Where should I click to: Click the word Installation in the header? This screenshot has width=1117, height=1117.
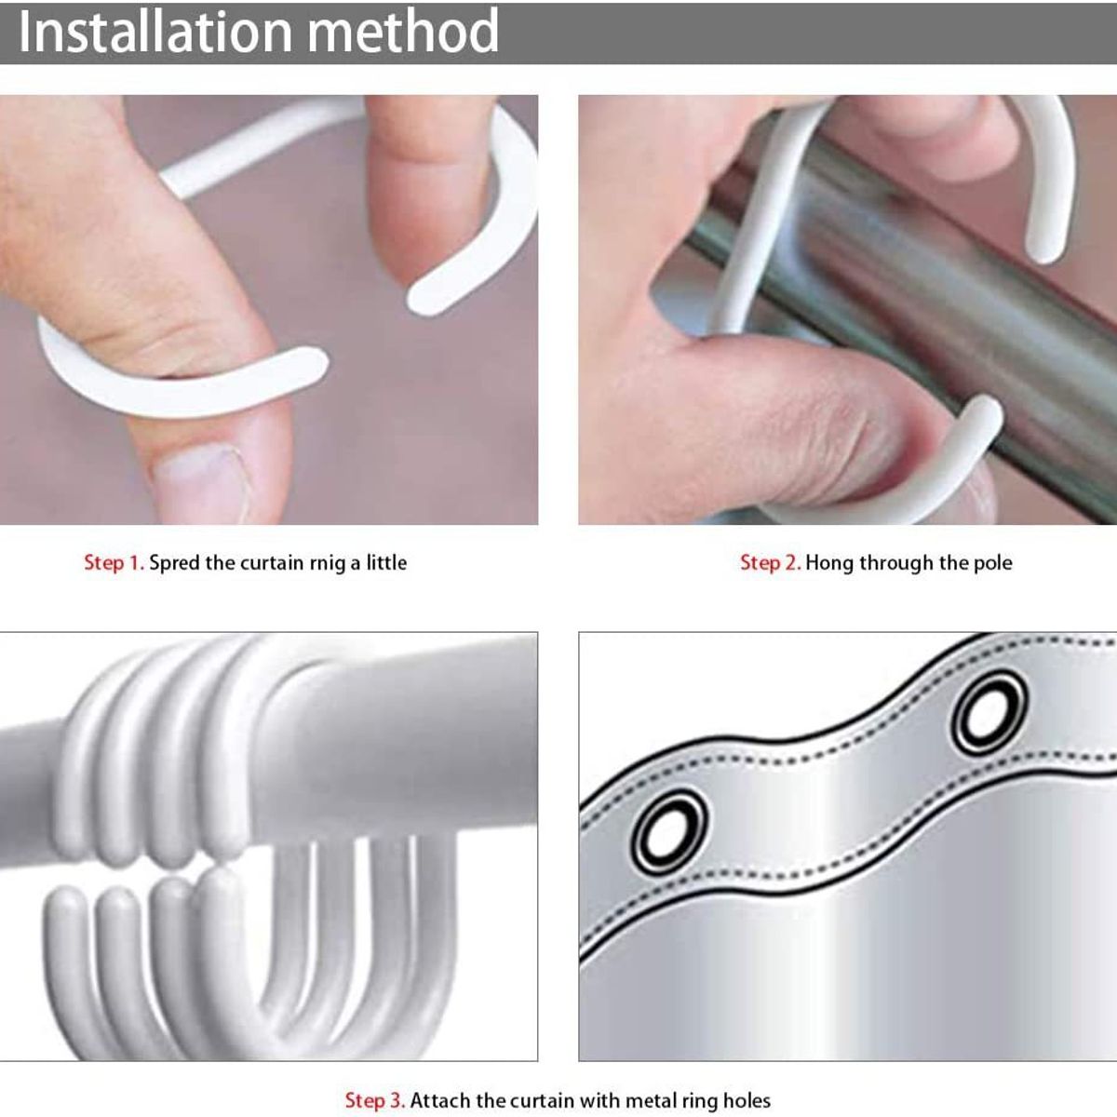tap(155, 31)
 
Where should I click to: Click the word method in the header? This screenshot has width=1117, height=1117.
tap(403, 31)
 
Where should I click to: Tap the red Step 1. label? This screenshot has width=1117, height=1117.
tap(114, 562)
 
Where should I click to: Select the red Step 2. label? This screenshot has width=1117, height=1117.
tap(771, 562)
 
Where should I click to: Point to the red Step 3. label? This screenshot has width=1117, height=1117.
tap(374, 1100)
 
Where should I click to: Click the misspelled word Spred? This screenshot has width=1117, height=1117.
tap(174, 562)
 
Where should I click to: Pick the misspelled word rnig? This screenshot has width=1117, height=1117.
tap(328, 564)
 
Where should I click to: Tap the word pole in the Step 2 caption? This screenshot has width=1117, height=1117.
tap(992, 563)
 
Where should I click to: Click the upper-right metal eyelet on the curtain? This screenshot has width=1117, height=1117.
tap(988, 712)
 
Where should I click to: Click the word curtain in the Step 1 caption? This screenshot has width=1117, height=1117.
tap(272, 562)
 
